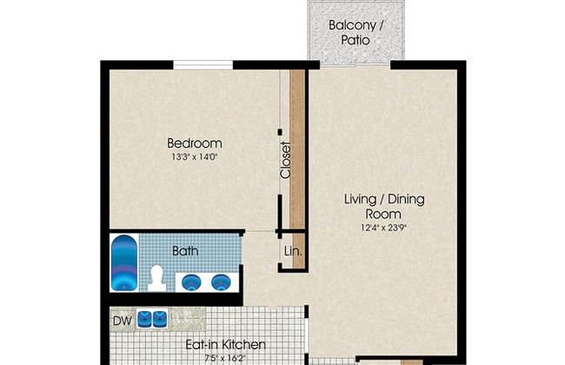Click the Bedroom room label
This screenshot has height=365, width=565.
[195, 143]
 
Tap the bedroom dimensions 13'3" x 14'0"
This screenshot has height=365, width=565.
[195, 157]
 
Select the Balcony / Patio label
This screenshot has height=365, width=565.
[356, 32]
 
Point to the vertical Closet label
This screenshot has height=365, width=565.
[285, 160]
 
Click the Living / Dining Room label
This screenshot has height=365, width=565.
[384, 206]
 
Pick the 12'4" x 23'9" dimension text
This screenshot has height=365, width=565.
[384, 228]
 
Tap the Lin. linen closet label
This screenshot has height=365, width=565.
[293, 251]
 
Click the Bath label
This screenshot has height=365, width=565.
[185, 251]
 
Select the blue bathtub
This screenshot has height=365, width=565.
[124, 262]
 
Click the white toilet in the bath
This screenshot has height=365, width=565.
[156, 278]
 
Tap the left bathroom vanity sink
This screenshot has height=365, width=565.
[190, 282]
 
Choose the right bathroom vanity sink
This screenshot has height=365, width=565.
[220, 282]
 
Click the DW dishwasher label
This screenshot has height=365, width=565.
[123, 321]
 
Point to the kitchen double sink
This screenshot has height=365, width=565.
[152, 319]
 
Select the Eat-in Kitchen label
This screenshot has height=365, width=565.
[226, 345]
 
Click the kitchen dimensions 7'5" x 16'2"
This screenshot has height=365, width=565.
[225, 359]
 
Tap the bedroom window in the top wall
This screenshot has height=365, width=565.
[203, 65]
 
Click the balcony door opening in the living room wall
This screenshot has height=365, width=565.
[356, 64]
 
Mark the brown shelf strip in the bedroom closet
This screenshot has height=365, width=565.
[297, 149]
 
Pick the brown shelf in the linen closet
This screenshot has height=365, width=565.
[299, 251]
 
